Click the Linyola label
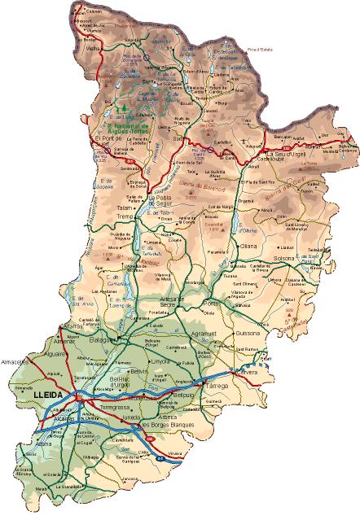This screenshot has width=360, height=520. pos(160,360)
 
